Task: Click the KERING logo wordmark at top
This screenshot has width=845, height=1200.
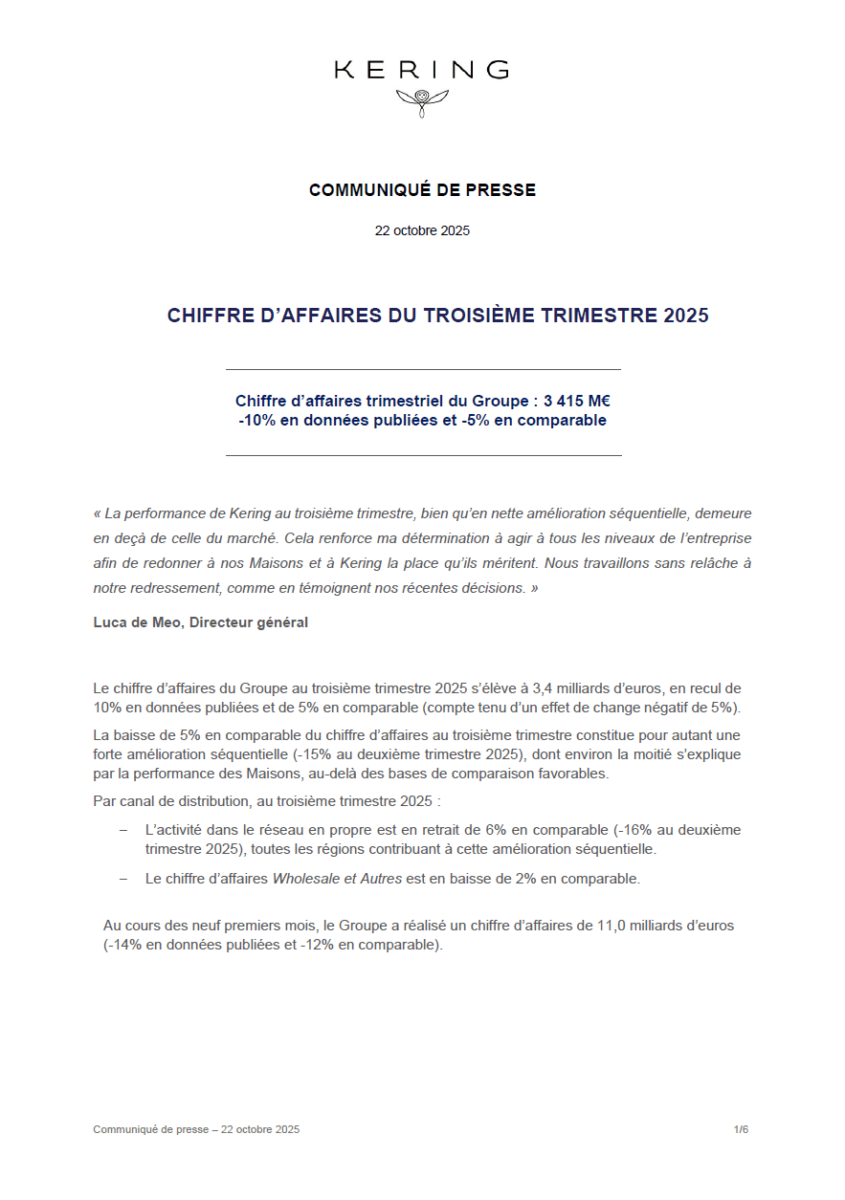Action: click(421, 70)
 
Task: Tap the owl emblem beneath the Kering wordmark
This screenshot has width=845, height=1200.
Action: click(422, 99)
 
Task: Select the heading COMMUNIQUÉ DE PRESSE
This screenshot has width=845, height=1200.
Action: click(422, 190)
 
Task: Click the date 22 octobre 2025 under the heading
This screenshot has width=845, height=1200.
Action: click(422, 230)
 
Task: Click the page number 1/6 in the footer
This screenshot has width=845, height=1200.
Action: click(741, 1129)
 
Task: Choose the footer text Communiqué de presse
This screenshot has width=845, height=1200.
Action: click(150, 1129)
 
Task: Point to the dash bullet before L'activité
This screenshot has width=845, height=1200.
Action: click(123, 830)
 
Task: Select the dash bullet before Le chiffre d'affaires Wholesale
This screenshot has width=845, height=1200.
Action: click(123, 878)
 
